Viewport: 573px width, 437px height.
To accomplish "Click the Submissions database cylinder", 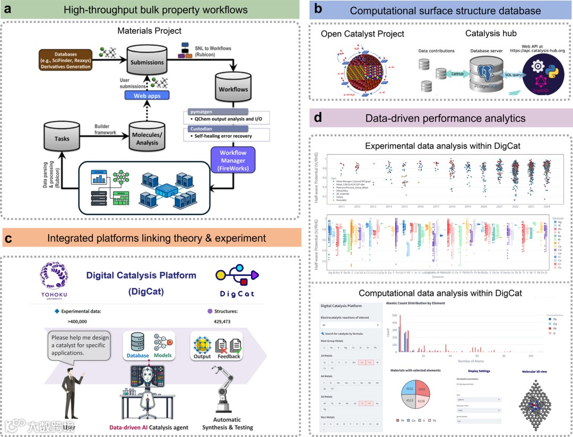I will [146, 60].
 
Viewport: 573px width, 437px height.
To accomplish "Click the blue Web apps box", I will [146, 95].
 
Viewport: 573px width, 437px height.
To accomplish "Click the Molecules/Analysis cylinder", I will [147, 137].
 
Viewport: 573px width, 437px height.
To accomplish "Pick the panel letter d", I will [318, 118].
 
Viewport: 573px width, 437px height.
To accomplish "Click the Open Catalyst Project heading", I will [362, 33].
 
